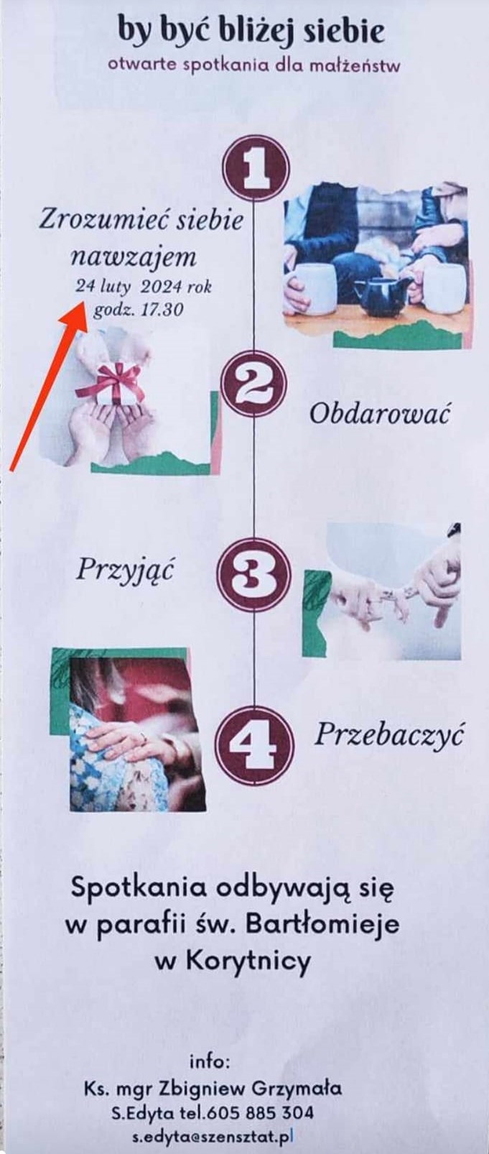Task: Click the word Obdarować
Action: click(380, 414)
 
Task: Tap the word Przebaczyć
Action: click(389, 734)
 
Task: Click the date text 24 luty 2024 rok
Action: click(143, 287)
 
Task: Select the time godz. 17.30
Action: click(137, 310)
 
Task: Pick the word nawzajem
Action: click(134, 257)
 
